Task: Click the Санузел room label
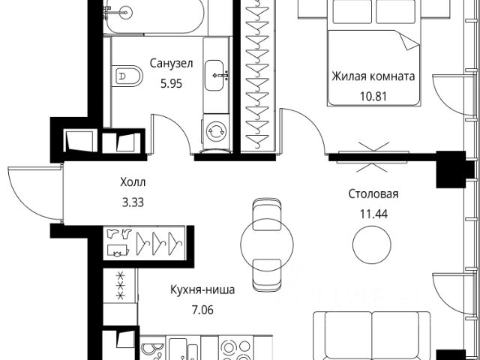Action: click(x=172, y=63)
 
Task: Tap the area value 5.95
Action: click(x=172, y=83)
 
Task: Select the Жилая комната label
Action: click(x=373, y=76)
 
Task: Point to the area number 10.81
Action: click(x=373, y=96)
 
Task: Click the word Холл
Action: click(x=133, y=182)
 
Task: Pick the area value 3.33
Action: click(x=133, y=202)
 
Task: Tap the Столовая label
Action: click(x=373, y=193)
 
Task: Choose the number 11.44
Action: click(x=373, y=214)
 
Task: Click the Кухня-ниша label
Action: click(x=202, y=289)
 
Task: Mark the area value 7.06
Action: click(x=202, y=310)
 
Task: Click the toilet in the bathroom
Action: click(x=127, y=76)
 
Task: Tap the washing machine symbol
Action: click(x=216, y=132)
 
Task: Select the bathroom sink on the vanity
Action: click(x=214, y=75)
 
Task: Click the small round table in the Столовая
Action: click(x=372, y=244)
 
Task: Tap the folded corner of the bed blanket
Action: click(x=409, y=41)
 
